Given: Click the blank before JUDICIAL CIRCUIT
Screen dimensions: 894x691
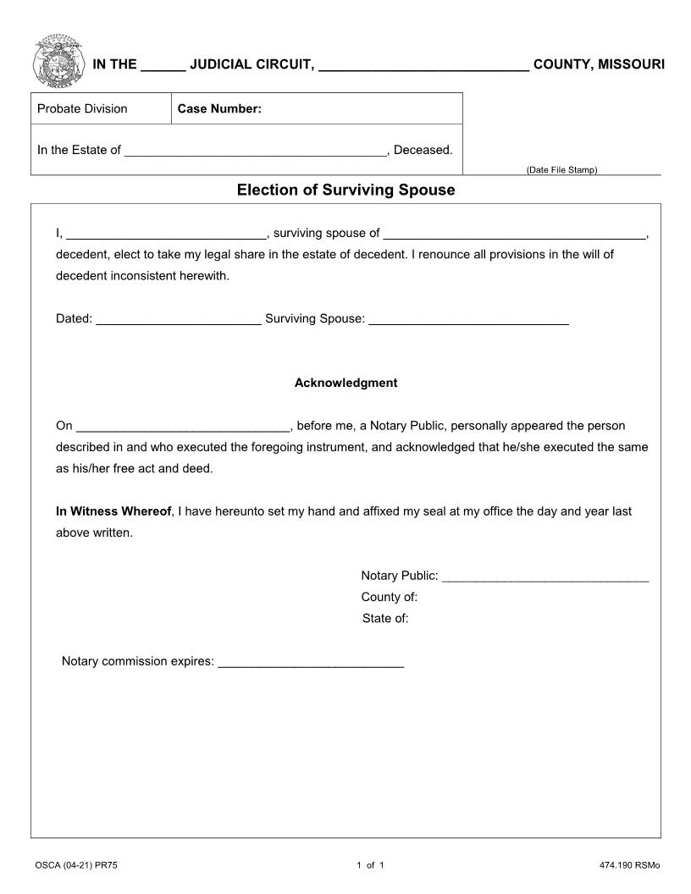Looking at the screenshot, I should pos(163,66).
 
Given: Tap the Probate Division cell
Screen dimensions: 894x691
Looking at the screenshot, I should pos(82,108).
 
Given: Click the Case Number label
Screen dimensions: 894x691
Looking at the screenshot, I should pos(219,108).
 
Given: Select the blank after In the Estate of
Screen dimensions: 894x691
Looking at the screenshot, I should pos(255,151).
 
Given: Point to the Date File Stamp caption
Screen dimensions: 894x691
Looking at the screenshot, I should pos(561,170).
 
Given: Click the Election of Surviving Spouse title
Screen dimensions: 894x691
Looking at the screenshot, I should pos(345,190).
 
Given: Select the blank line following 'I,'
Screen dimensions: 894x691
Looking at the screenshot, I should pos(166,234).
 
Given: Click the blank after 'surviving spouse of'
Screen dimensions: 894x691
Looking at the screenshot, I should pos(514,234).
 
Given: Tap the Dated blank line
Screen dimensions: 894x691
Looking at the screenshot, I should pos(179,319).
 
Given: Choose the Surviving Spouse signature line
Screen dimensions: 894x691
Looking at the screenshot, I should pos(468,319).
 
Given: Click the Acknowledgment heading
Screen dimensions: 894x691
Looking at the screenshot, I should pos(345,383).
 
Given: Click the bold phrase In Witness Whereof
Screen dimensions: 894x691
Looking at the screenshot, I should pos(113,511).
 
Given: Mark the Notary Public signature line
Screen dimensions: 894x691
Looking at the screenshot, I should pos(545,577).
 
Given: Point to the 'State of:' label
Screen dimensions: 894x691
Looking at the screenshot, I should pos(385,618).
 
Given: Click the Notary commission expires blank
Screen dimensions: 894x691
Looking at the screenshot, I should pos(311,662).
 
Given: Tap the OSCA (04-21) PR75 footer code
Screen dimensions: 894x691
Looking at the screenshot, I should pos(82,865).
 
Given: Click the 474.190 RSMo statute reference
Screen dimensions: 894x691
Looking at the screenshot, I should pos(628,865).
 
